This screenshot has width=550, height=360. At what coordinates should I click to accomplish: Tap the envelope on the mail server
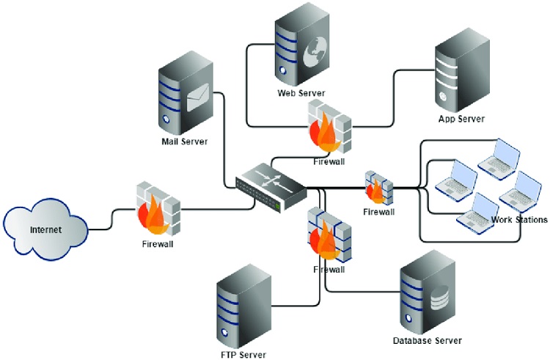tap(198, 98)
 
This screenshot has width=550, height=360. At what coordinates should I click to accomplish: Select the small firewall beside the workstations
tap(378, 188)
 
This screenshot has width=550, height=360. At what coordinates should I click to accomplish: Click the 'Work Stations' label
tap(519, 219)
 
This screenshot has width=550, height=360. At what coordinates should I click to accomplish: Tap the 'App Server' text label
tap(461, 119)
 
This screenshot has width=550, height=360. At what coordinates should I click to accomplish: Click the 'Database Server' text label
tap(428, 341)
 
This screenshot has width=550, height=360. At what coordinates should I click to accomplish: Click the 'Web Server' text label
tap(301, 93)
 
